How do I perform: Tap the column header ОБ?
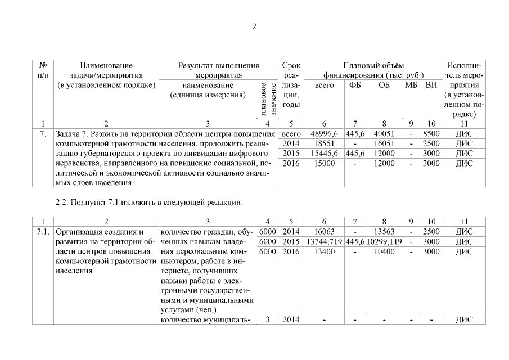[x=385, y=85]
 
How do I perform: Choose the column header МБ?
[x=411, y=85]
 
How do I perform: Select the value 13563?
[x=385, y=231]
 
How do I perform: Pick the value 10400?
[x=385, y=251]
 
